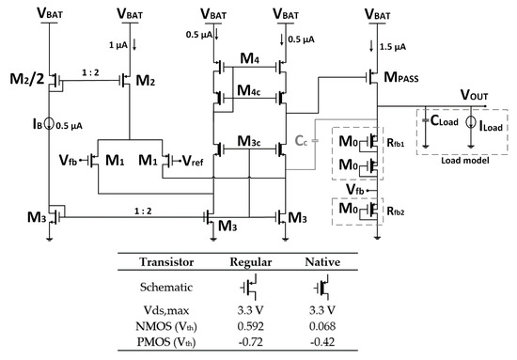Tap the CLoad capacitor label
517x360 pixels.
point(447,120)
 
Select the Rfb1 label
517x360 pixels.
point(398,147)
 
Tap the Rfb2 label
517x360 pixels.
point(398,209)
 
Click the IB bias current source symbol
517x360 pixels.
point(50,119)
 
